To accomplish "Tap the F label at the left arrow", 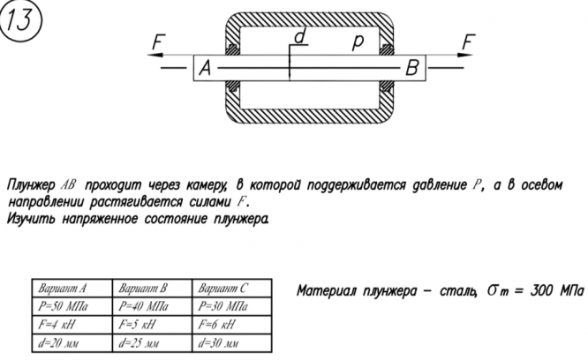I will coord(158,41).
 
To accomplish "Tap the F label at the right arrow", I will coord(469,42).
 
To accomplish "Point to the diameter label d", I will coord(299,37).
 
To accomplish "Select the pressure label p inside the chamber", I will coord(357,41).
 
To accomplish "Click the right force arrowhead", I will coord(472,55).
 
